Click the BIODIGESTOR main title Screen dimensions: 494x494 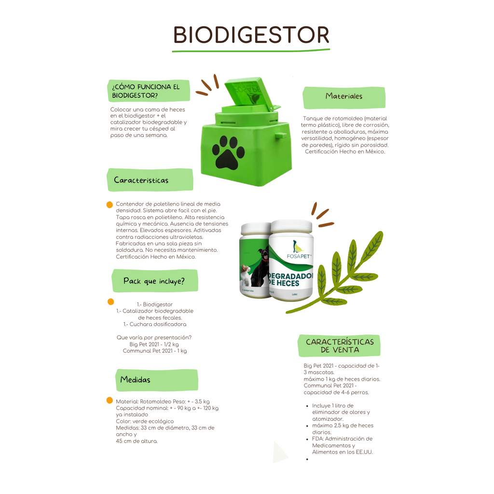coord(251,35)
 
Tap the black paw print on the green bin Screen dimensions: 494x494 coord(228,152)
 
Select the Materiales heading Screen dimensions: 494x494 coord(344,96)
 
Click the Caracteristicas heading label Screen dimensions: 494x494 coord(141,180)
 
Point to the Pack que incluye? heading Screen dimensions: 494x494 coord(154,281)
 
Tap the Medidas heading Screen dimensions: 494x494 coord(136,380)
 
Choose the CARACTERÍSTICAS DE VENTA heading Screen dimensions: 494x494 coord(340,345)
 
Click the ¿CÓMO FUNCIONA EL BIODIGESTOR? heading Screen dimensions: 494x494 coord(146,91)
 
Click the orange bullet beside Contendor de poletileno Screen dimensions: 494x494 coord(110,205)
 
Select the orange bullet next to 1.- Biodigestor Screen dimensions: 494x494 coord(110,302)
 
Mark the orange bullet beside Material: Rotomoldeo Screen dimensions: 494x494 coord(110,400)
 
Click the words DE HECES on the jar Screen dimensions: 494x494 coord(284,283)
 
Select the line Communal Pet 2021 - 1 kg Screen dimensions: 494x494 coord(155,351)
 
